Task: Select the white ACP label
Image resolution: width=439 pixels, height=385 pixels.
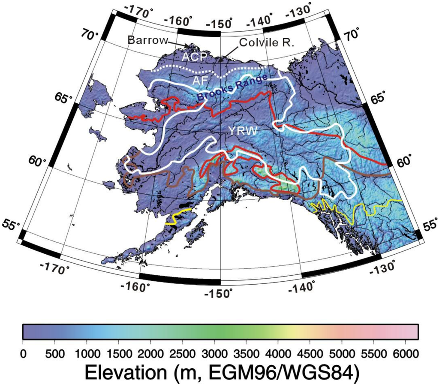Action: click(194, 57)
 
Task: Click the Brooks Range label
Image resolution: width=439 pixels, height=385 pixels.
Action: click(232, 88)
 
